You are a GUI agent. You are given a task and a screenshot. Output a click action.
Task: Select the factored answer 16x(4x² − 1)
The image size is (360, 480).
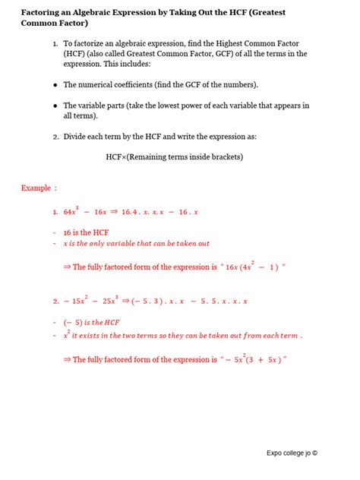pyautogui.click(x=251, y=267)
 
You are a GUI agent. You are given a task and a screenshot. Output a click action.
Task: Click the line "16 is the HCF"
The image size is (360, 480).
pyautogui.click(x=86, y=232)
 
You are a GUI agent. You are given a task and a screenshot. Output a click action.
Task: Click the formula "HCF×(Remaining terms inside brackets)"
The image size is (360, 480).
pyautogui.click(x=179, y=157)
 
